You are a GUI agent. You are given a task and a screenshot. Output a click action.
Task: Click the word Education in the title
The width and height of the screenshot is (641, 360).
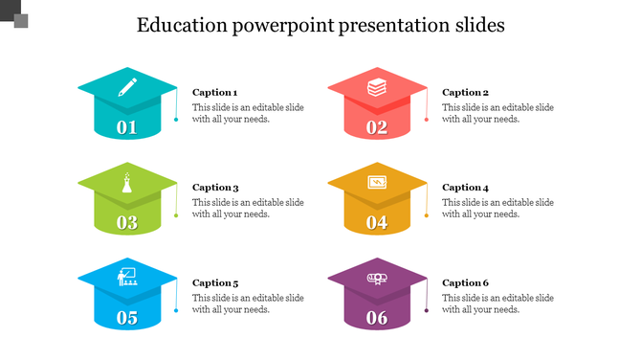[181, 25]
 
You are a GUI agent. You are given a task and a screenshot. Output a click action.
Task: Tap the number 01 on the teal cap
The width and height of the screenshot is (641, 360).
[127, 127]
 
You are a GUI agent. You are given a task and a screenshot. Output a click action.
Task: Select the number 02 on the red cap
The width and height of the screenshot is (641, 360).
[377, 127]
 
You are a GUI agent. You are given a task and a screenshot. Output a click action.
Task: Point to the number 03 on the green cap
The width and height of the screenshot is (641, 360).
[127, 223]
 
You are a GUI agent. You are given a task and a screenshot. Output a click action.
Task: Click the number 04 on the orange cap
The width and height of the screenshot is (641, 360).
[377, 223]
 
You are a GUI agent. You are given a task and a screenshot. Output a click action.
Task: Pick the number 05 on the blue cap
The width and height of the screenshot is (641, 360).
[127, 318]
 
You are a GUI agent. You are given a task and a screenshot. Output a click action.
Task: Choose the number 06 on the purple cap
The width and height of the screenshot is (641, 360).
[377, 318]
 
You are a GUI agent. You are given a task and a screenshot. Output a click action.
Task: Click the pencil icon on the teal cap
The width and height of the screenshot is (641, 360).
[127, 87]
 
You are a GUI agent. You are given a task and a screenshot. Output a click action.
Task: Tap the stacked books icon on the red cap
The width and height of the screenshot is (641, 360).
[377, 87]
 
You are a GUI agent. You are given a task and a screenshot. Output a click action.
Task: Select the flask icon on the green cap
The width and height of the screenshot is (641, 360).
[127, 182]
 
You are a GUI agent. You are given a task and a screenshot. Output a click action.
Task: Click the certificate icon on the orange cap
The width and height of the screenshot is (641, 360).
[377, 182]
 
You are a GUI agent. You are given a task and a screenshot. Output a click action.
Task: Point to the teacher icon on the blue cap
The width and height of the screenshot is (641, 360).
[126, 277]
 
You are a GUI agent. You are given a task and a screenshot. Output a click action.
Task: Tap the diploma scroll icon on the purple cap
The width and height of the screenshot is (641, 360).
[377, 278]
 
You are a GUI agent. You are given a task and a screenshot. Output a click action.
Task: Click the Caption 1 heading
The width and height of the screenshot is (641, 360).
[215, 93]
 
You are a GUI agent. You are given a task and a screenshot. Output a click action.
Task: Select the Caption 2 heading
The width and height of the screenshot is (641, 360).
[465, 93]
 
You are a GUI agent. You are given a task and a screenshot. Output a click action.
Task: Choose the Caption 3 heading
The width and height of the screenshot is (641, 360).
[215, 188]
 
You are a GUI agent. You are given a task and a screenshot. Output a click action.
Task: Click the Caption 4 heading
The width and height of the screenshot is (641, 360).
[465, 188]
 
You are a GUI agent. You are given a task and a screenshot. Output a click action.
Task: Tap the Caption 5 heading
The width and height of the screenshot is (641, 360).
[215, 283]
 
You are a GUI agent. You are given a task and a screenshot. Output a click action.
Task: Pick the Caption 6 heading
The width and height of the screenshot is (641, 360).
[465, 283]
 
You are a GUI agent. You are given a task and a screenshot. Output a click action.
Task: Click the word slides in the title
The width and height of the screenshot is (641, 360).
[477, 25]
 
